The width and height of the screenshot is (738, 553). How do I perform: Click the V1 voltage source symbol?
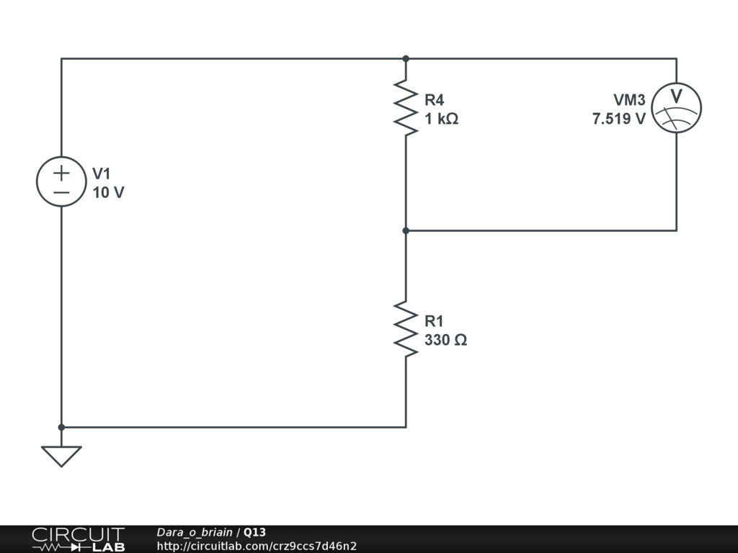61,181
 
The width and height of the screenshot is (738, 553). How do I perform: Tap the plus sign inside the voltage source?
61,173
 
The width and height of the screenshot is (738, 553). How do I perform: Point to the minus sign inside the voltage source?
61,192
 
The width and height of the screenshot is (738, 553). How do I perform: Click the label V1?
102,174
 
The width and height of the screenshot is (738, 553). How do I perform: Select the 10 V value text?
108,192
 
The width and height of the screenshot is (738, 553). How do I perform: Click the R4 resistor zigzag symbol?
406,107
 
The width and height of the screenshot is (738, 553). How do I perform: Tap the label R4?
435,100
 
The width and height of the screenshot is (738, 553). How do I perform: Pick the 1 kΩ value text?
441,119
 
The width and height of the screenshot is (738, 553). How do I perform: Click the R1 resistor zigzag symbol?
406,329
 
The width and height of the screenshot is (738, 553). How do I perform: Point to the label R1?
435,321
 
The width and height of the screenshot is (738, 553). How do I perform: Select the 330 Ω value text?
445,340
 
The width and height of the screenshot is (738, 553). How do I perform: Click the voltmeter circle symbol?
676,107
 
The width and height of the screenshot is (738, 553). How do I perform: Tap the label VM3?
630,100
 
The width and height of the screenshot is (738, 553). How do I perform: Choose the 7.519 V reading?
619,119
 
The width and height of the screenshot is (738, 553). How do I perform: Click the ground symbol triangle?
61,455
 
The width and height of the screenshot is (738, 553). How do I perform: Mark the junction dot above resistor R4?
406,58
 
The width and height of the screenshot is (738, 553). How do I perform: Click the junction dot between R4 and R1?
406,230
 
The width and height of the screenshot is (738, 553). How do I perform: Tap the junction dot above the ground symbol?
61,427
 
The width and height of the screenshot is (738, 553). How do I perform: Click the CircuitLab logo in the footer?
78,539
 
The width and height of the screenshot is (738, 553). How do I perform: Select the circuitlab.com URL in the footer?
257,546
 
